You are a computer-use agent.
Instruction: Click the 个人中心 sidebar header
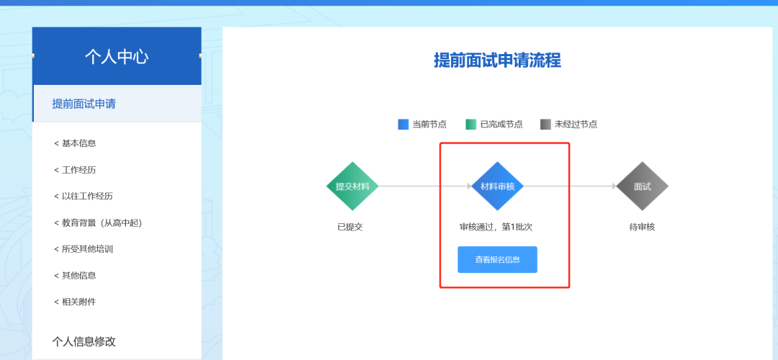(117, 56)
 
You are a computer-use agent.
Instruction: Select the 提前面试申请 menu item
(84, 104)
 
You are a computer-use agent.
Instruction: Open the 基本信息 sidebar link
(75, 143)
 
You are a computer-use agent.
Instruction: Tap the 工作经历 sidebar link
(75, 170)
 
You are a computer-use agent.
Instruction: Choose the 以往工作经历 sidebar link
(84, 196)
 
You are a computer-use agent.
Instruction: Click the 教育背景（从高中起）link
(98, 222)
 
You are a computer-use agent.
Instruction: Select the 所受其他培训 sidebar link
(84, 249)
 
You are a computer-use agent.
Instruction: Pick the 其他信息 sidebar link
(75, 275)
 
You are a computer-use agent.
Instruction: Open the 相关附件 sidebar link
(75, 302)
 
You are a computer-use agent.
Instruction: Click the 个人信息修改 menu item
(84, 341)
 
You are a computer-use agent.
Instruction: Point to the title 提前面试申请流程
(497, 60)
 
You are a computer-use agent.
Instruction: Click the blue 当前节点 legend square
(403, 124)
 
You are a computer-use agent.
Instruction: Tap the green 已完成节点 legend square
(471, 124)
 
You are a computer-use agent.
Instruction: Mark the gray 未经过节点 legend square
(545, 124)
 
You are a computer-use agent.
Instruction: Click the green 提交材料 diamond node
(352, 186)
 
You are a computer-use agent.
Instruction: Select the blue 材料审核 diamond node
(498, 186)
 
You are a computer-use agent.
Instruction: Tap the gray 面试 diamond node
(643, 186)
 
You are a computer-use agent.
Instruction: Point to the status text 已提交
(350, 227)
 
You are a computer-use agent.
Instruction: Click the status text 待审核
(642, 227)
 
